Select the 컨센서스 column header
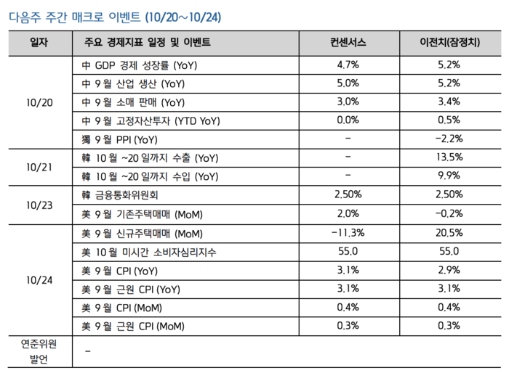[x=348, y=43]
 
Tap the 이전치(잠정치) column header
[x=449, y=43]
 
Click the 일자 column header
[x=40, y=43]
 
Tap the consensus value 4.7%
[x=348, y=65]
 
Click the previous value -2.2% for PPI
[x=449, y=139]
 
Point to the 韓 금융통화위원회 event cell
[x=121, y=195]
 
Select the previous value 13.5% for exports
[x=449, y=157]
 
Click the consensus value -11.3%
[x=348, y=233]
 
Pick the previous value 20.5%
[x=449, y=233]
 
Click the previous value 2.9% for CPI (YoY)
[x=449, y=271]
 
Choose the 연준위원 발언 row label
[x=40, y=351]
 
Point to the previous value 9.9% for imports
[x=449, y=176]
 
